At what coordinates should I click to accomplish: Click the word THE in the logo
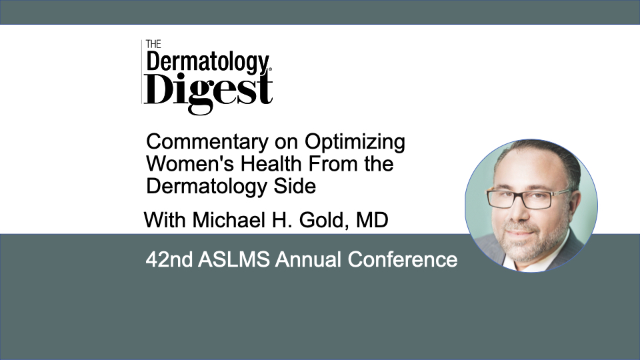point(153,44)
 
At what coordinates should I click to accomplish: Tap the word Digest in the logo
point(208,92)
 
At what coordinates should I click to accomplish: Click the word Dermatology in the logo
point(208,63)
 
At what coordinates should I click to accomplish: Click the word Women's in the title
point(190,164)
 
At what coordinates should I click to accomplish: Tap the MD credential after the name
point(372,221)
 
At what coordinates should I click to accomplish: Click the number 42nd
point(169,259)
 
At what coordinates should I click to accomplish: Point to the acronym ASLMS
point(233,259)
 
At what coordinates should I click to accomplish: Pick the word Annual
point(308,259)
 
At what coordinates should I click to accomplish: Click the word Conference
point(403,259)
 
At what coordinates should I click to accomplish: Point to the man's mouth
point(521,232)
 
